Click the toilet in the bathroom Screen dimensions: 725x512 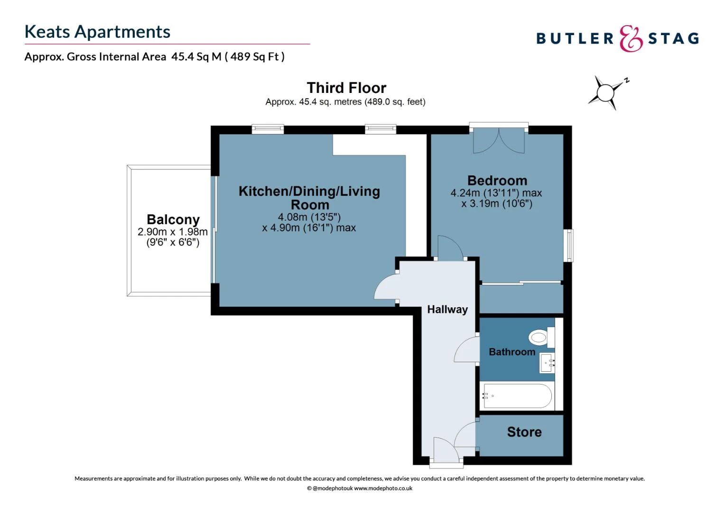541,338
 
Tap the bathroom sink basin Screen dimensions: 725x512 547,363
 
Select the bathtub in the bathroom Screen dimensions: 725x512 517,396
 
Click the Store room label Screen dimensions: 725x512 524,432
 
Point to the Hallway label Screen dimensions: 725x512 447,310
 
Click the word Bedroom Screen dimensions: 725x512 497,181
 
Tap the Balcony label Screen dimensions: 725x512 173,219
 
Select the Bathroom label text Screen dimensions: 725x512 511,352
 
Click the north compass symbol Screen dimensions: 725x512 607,93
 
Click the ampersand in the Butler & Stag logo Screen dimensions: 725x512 631,38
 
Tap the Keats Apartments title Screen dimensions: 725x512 97,32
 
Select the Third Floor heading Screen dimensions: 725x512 346,88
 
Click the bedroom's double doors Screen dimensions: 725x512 498,140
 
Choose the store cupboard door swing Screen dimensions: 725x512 465,435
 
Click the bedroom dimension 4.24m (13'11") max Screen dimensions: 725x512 496,193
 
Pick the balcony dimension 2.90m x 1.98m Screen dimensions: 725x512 173,231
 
